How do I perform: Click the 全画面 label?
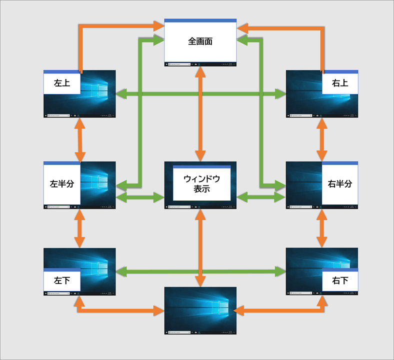[x=200, y=41]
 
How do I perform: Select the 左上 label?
[x=61, y=83]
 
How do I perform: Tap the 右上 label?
[x=340, y=83]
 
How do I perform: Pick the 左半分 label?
[x=61, y=183]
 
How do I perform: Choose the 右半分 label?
[x=340, y=183]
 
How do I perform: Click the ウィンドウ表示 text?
[x=201, y=183]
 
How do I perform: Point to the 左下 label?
[x=61, y=281]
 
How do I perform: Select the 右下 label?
[x=340, y=281]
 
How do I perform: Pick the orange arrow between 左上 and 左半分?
[x=79, y=139]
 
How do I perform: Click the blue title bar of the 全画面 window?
[x=200, y=20]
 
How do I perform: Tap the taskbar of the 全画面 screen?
[x=200, y=64]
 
